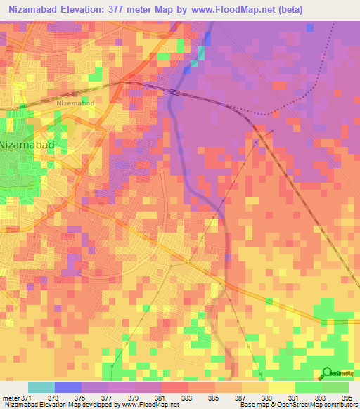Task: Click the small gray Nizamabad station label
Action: [x=75, y=103]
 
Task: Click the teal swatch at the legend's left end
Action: [x=41, y=387]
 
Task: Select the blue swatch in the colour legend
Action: [x=67, y=387]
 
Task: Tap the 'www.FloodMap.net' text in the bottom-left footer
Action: [x=149, y=405]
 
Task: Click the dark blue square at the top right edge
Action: [x=310, y=27]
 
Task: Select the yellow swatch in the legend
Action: [x=282, y=387]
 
